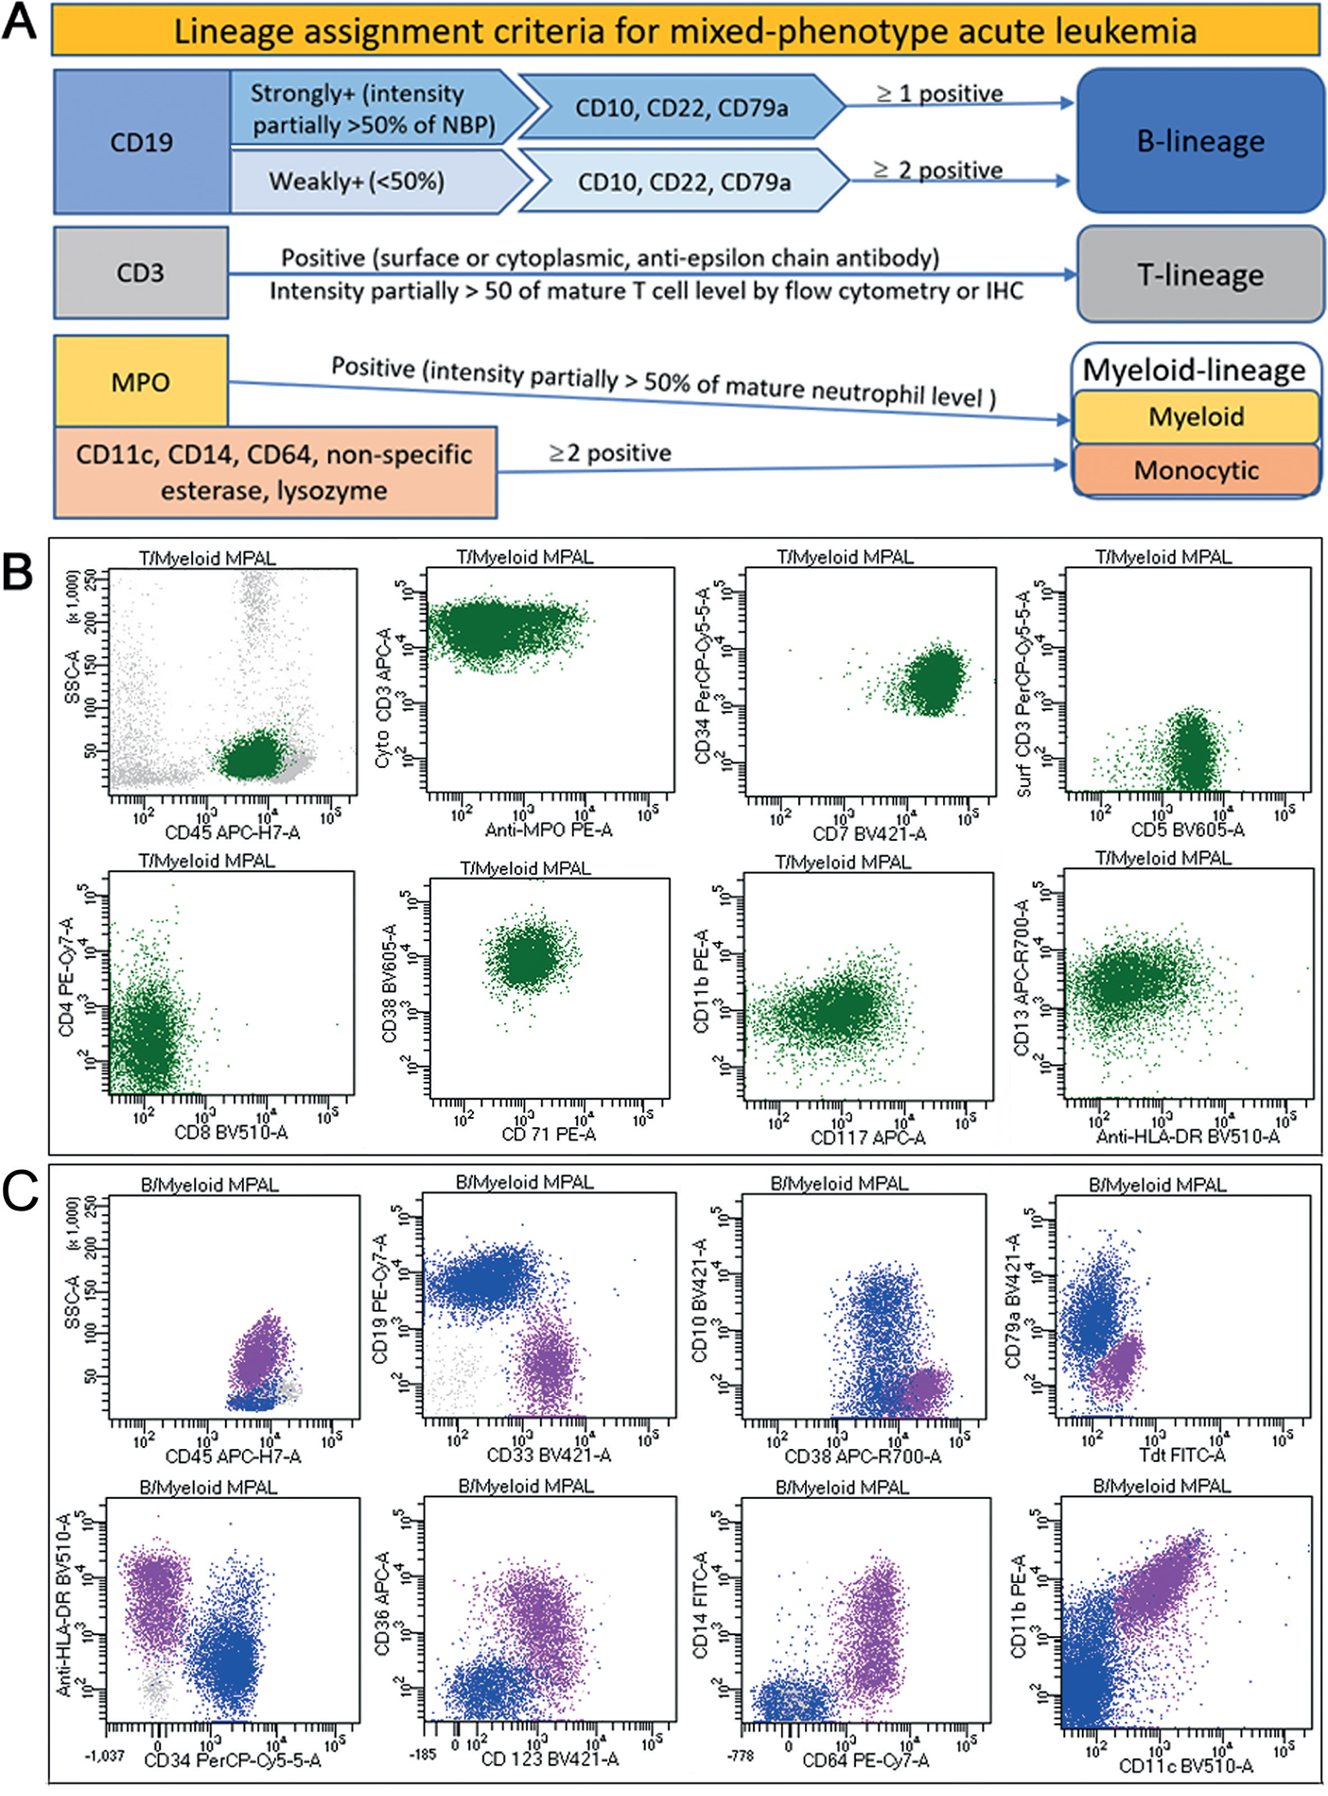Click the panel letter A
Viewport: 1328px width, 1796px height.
(x=20, y=21)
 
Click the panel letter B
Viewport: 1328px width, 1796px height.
(x=18, y=572)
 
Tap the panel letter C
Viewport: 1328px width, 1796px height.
(x=20, y=1192)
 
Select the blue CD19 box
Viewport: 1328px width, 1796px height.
(x=142, y=142)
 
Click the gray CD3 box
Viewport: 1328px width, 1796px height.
(x=141, y=273)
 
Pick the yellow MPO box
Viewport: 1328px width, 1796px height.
(x=141, y=382)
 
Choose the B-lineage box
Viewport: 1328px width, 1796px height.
(x=1200, y=141)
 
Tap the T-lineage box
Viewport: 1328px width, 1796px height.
(x=1200, y=274)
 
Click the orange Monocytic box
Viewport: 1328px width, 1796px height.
(x=1197, y=470)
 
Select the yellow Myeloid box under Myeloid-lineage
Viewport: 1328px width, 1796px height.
(x=1197, y=417)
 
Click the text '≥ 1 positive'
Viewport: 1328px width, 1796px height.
(x=939, y=94)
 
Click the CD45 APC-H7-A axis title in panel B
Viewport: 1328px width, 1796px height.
(x=233, y=832)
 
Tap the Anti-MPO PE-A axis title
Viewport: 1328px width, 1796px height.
(x=549, y=830)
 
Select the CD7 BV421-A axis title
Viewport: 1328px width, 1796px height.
(x=869, y=833)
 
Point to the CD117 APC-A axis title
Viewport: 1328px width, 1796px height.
(x=867, y=1138)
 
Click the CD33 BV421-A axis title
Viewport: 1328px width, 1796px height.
(x=549, y=1455)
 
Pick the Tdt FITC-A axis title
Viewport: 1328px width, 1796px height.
(x=1182, y=1455)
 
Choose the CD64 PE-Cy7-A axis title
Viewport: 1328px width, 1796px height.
(x=865, y=1760)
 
